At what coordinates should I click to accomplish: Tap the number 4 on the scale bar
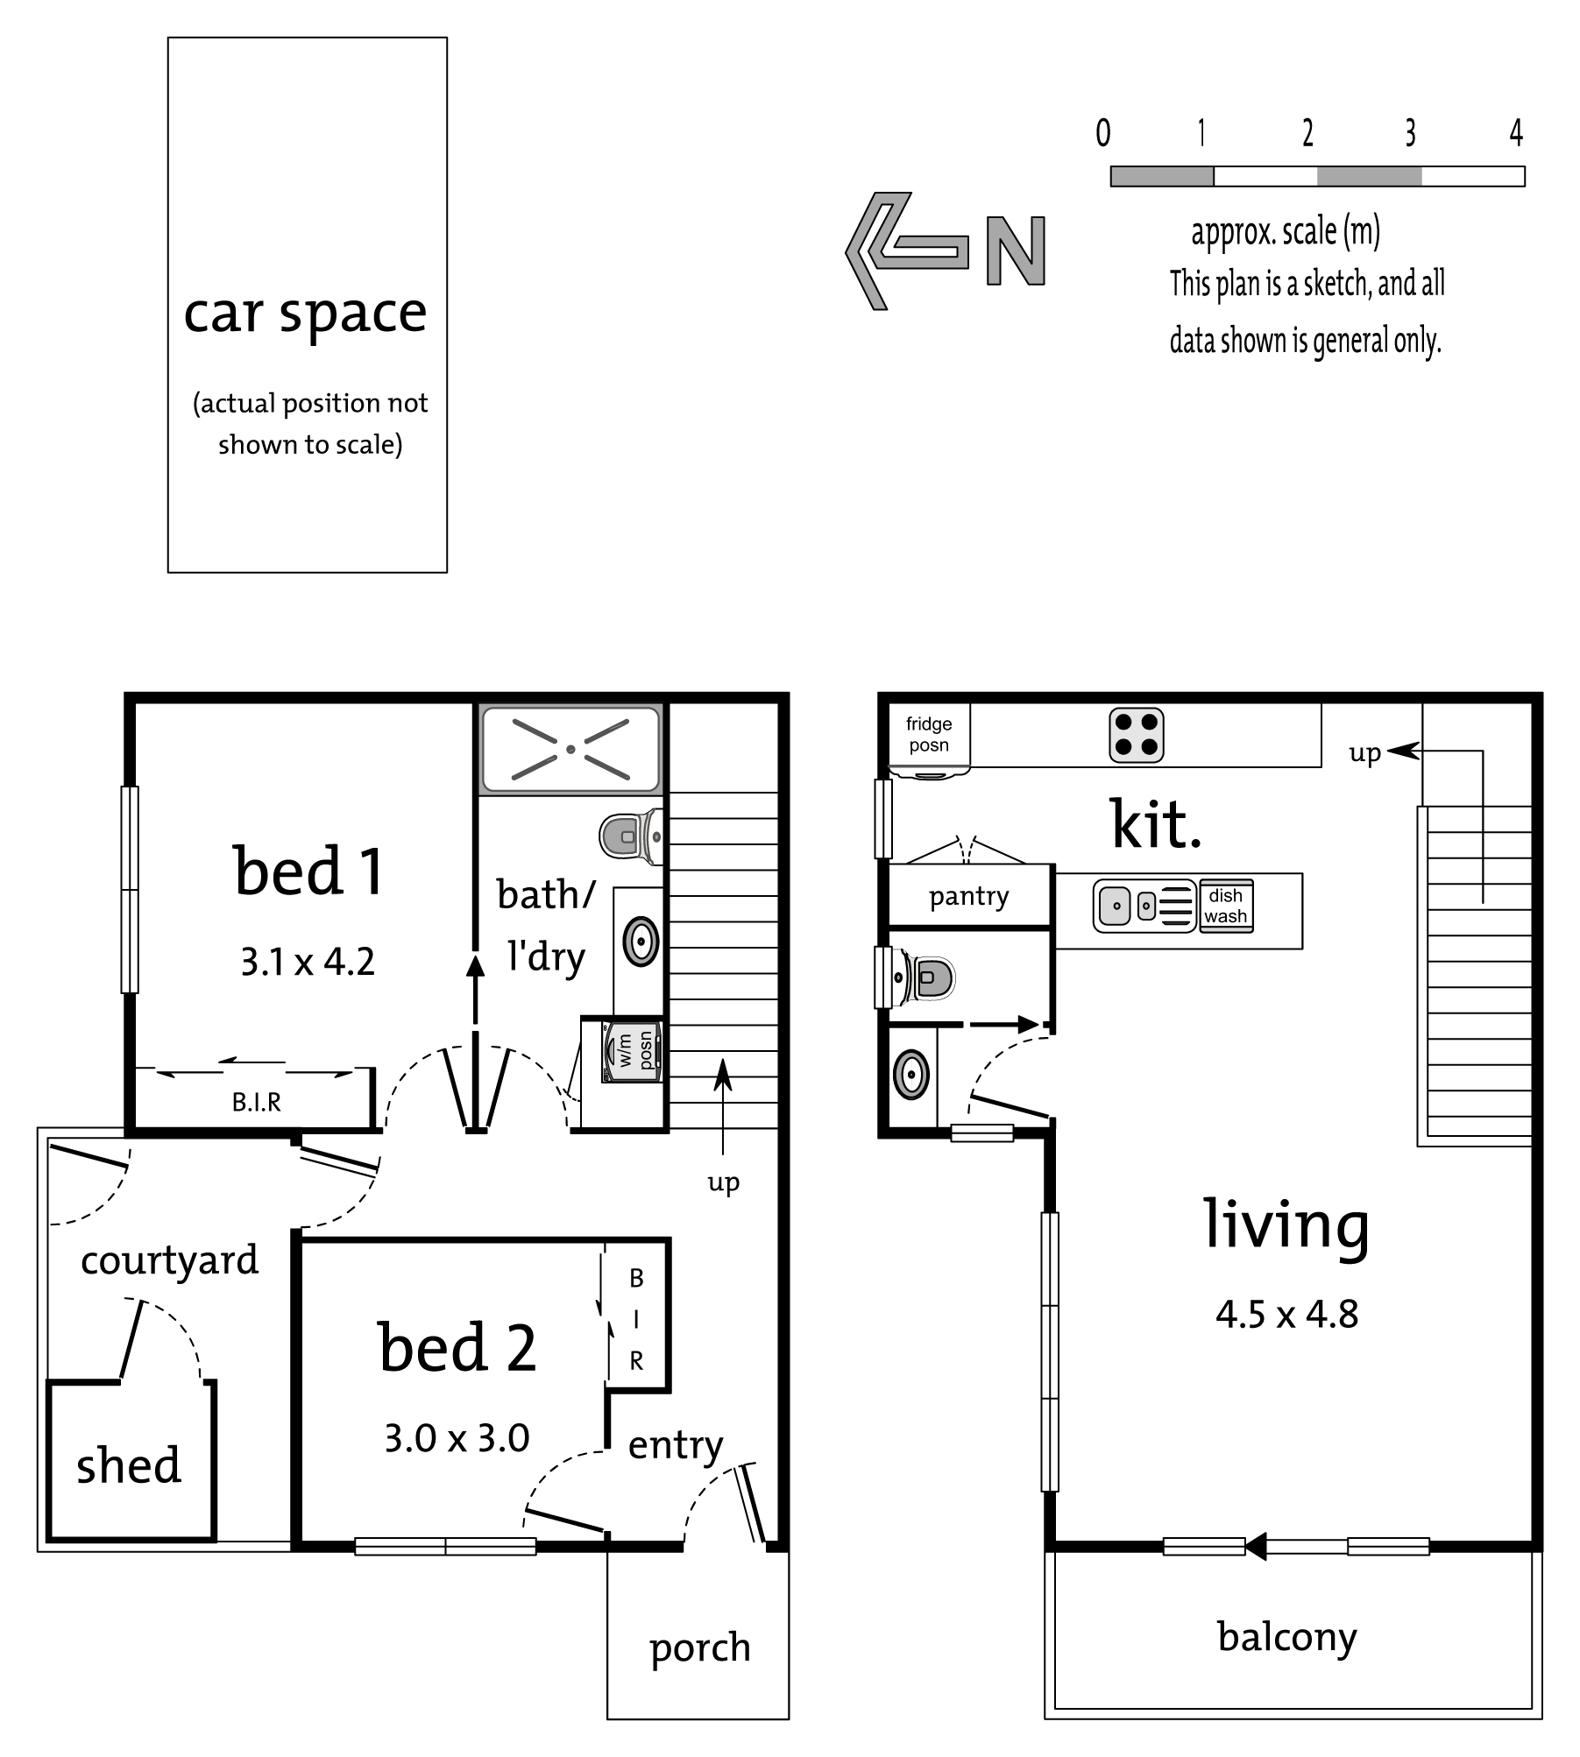coord(1516,133)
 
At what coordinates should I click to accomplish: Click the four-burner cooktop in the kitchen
coord(1137,735)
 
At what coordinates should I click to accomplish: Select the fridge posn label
coord(929,734)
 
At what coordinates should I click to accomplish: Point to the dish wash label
coord(1225,906)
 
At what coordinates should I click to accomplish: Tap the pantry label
coord(969,897)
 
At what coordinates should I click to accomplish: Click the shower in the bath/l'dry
coord(570,749)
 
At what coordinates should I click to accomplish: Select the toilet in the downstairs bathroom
coord(631,836)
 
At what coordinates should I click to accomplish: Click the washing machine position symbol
coord(632,1051)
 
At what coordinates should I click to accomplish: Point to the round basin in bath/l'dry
coord(641,942)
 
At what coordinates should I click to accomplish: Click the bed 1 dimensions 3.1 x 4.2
coord(308,962)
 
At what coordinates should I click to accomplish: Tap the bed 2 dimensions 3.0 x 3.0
coord(457,1438)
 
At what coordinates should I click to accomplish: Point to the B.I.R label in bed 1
coord(257,1102)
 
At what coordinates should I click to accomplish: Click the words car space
coord(305,314)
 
